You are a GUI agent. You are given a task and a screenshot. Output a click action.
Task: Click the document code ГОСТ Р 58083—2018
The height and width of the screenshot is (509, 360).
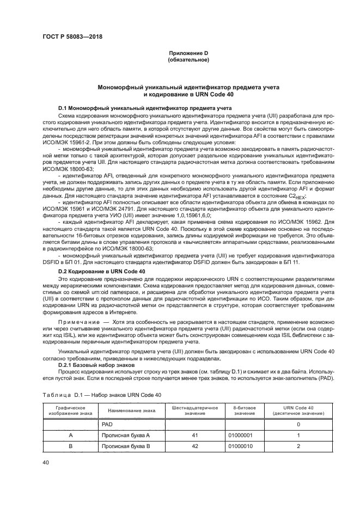click(x=72, y=37)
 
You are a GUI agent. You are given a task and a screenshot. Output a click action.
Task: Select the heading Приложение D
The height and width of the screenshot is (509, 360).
click(x=188, y=52)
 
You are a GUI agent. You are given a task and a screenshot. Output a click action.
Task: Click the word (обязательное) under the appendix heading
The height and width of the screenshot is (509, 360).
click(x=188, y=59)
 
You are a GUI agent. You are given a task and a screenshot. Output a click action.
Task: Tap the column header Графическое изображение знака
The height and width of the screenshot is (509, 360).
click(x=70, y=410)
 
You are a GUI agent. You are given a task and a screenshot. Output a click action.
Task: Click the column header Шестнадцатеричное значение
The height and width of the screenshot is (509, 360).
click(x=194, y=410)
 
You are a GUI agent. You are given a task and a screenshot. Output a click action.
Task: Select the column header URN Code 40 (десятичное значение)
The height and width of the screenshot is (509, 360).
click(x=298, y=410)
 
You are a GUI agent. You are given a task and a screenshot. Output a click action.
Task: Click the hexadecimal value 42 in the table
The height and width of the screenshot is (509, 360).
click(x=194, y=447)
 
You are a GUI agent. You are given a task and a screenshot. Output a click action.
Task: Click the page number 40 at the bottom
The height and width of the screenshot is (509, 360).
click(x=46, y=462)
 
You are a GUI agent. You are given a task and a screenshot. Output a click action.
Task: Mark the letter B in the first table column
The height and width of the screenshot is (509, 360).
click(x=70, y=447)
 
